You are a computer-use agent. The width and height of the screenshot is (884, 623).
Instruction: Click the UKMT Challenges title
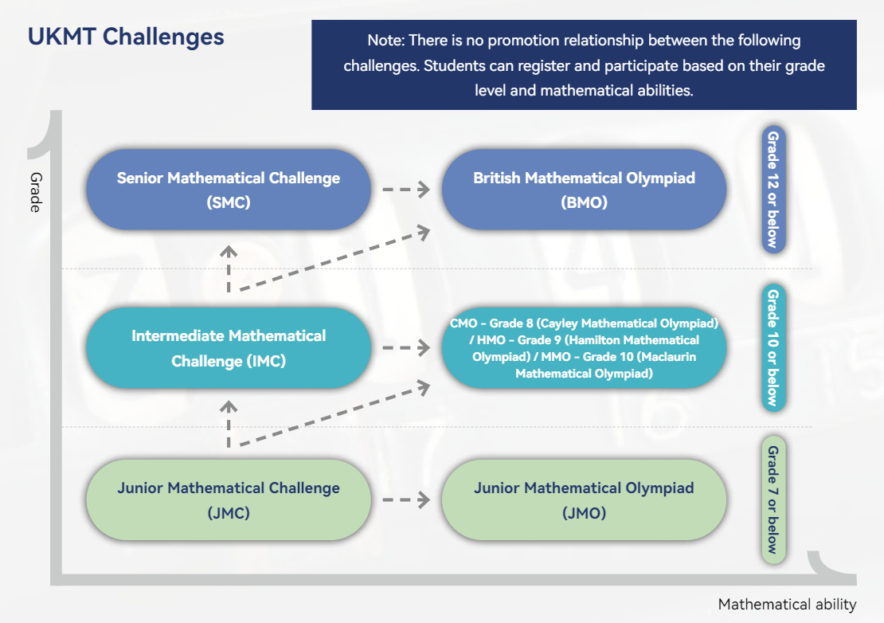pos(126,37)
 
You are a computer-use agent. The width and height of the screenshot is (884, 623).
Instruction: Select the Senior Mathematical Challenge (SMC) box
pos(229,190)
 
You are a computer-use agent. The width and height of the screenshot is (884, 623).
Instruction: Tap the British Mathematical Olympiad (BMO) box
pos(584,190)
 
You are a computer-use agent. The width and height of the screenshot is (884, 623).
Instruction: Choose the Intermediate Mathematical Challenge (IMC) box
pos(229,348)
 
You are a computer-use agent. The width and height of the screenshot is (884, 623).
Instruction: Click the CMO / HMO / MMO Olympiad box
pos(584,348)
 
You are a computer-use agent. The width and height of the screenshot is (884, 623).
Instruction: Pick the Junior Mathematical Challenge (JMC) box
pos(229,500)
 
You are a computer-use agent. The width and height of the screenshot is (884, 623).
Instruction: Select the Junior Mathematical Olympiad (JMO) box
pos(584,500)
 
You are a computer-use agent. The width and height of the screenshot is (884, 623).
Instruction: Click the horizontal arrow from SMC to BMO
pos(406,190)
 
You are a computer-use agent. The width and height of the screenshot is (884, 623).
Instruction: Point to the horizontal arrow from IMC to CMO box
pos(406,348)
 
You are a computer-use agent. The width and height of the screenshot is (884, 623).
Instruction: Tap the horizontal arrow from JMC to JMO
pos(406,500)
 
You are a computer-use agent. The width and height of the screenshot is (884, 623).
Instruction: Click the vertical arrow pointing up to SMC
pos(229,269)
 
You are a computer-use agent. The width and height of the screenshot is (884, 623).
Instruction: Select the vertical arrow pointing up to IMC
pos(229,424)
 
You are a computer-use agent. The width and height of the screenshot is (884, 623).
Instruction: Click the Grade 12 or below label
pos(773,190)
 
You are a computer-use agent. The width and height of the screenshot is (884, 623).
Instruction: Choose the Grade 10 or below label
pos(773,348)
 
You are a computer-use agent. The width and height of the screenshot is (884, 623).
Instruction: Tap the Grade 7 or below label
pos(773,500)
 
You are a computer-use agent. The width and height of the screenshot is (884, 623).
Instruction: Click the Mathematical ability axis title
pos(787,605)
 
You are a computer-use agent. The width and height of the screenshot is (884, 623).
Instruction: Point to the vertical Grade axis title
pos(36,192)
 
